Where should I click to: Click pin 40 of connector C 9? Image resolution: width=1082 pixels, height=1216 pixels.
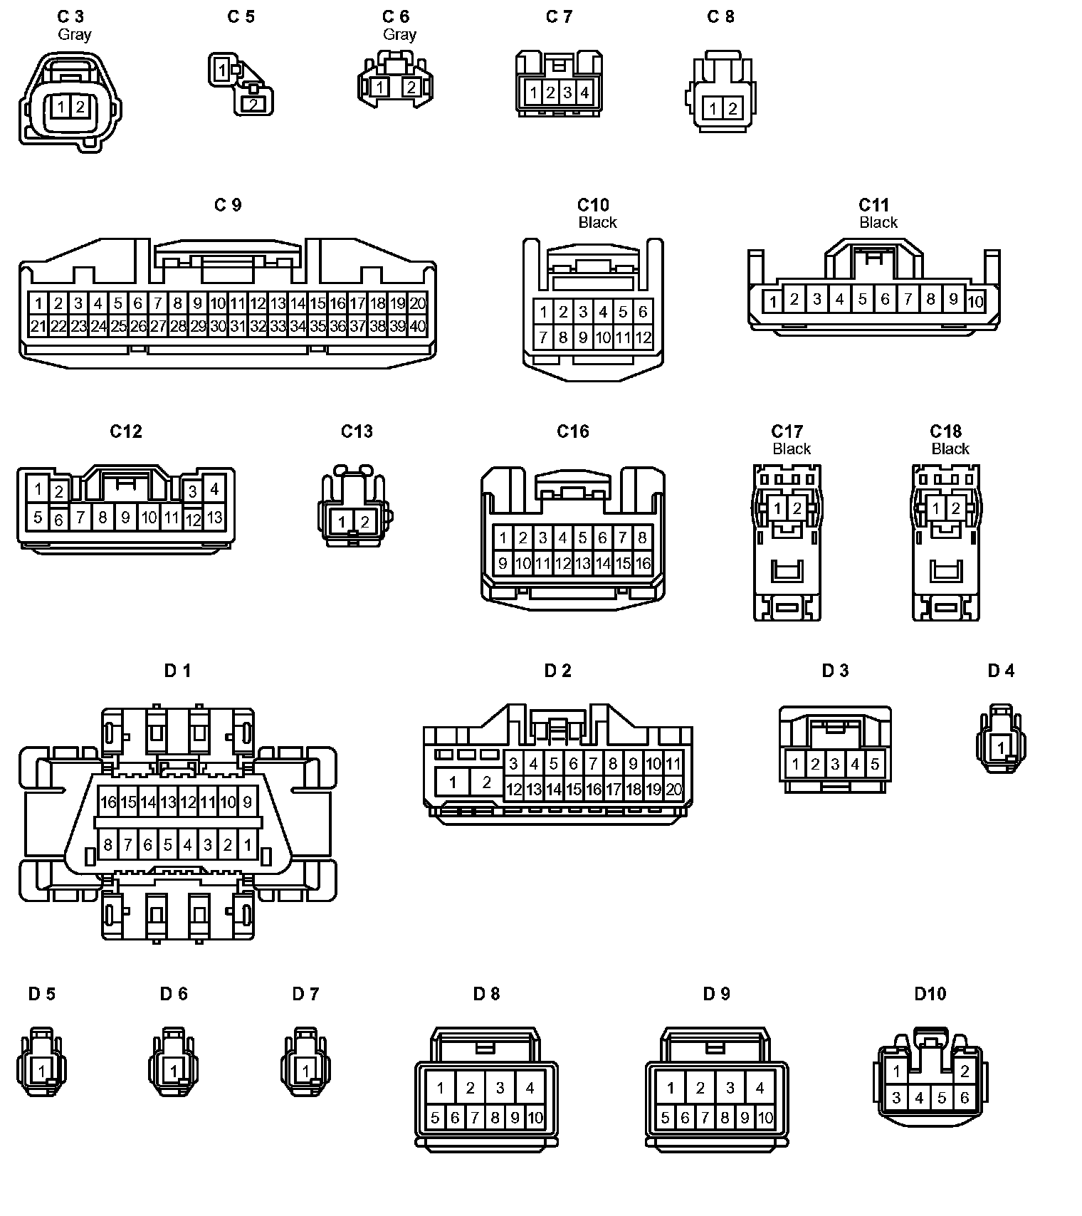[x=418, y=327]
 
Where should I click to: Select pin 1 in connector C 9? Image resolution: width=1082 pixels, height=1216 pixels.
[x=38, y=303]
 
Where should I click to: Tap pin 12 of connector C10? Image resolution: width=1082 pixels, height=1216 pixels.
[x=643, y=337]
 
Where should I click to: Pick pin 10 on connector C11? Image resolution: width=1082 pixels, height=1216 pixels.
[x=975, y=301]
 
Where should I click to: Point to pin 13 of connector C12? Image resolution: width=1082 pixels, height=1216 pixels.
[x=214, y=518]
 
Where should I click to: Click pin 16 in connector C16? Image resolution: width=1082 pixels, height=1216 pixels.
[x=643, y=564]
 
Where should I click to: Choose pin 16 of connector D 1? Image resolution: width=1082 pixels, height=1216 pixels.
[x=108, y=802]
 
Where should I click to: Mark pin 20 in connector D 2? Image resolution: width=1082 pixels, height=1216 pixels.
[x=673, y=789]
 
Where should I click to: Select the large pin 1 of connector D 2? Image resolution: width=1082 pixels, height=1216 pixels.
[x=453, y=782]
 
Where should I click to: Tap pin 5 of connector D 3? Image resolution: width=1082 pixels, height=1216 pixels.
[x=875, y=765]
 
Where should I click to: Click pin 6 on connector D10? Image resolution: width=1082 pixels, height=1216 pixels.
[x=965, y=1098]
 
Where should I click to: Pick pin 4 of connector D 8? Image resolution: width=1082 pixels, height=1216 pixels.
[x=530, y=1087]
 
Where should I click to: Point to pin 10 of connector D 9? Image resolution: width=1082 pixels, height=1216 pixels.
[x=765, y=1118]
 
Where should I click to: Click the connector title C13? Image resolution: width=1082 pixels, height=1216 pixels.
[x=357, y=431]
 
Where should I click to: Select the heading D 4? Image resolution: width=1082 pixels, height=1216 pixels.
[x=1001, y=671]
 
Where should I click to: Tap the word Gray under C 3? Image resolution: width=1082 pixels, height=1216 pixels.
[x=75, y=34]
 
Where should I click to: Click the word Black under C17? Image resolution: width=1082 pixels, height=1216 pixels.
[x=792, y=449]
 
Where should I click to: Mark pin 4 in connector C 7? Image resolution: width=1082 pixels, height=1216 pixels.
[x=584, y=92]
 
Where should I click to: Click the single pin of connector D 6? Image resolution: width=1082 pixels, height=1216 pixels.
[x=174, y=1070]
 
